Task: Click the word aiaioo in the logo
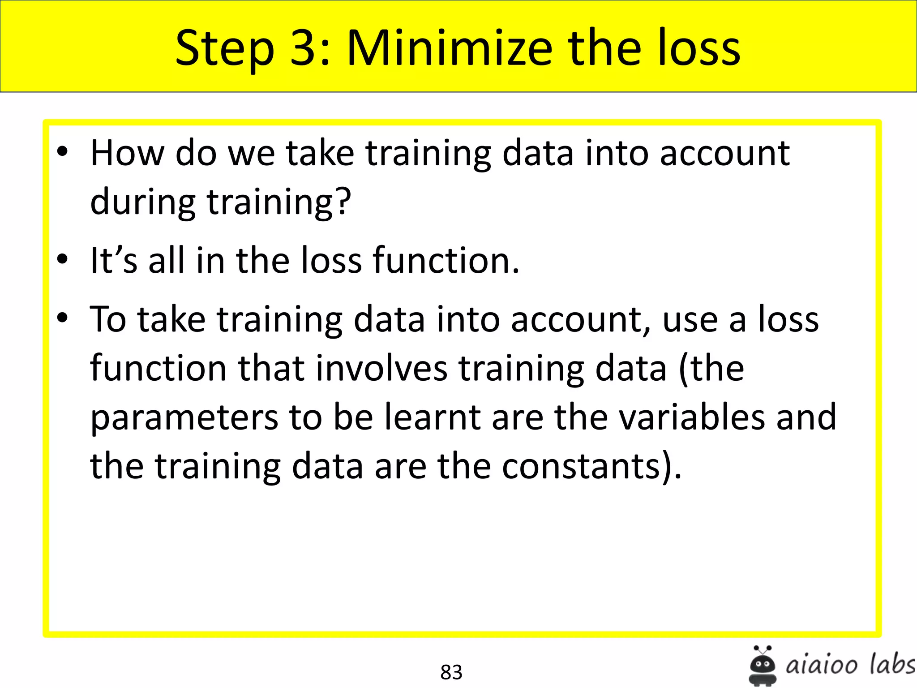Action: click(822, 665)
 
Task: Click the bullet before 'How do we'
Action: click(62, 151)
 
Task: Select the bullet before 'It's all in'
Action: click(62, 258)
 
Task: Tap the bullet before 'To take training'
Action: click(62, 318)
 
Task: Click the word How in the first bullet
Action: click(127, 153)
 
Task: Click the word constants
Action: click(581, 466)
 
